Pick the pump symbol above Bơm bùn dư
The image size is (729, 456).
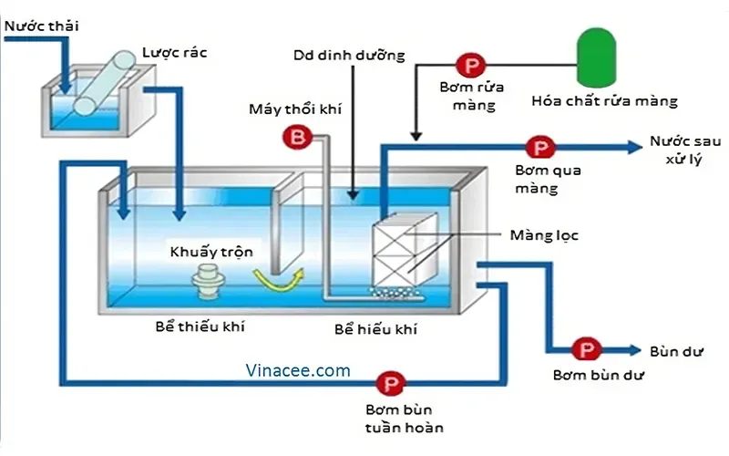click(583, 349)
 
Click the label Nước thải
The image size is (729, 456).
click(41, 26)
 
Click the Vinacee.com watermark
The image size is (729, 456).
click(298, 370)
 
